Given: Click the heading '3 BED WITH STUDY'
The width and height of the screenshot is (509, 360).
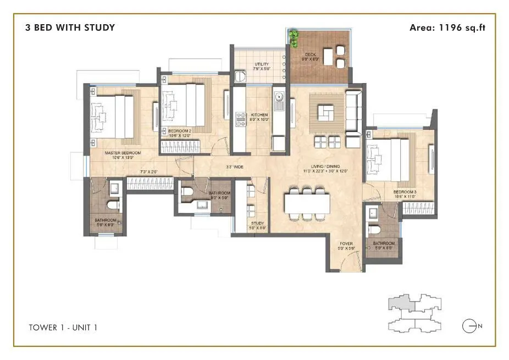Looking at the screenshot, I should pos(70,27).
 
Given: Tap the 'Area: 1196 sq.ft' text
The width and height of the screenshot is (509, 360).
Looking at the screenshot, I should pos(447,27).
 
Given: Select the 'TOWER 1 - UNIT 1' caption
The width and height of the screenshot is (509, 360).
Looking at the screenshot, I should pos(63,328).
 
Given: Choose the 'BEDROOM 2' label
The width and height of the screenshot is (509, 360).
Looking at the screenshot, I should pos(179,130).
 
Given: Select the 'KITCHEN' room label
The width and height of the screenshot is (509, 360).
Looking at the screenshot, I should pos(258,115).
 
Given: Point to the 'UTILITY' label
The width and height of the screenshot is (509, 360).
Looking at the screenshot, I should pos(262,64).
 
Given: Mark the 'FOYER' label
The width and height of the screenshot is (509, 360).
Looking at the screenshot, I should pos(346,243).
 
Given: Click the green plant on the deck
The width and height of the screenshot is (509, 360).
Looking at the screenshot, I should pos(294,38).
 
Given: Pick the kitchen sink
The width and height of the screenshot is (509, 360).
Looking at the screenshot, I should pos(279,99).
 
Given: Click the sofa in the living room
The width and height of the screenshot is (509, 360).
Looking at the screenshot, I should pos(353,112).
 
